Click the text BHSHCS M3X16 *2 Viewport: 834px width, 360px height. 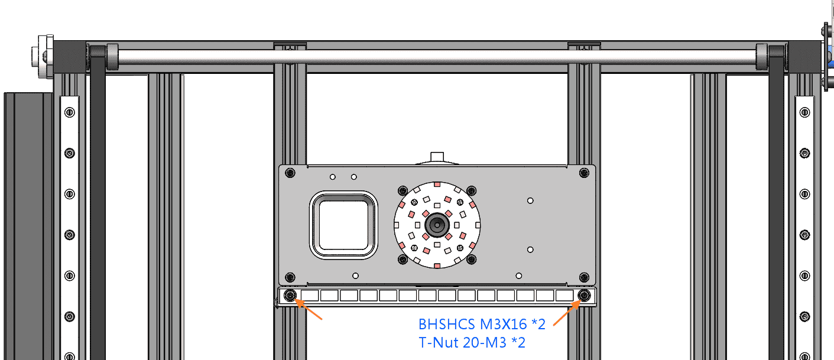click(482, 325)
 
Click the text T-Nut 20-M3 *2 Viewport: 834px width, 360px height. click(472, 342)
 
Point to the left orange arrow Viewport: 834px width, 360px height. click(309, 309)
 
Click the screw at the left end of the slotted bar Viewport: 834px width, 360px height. click(290, 296)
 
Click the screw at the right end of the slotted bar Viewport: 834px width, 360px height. click(584, 296)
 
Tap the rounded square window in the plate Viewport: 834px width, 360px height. click(343, 225)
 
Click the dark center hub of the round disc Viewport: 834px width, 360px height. click(437, 225)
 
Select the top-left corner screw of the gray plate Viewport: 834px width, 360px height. click(290, 173)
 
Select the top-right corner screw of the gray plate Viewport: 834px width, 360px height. click(584, 173)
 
